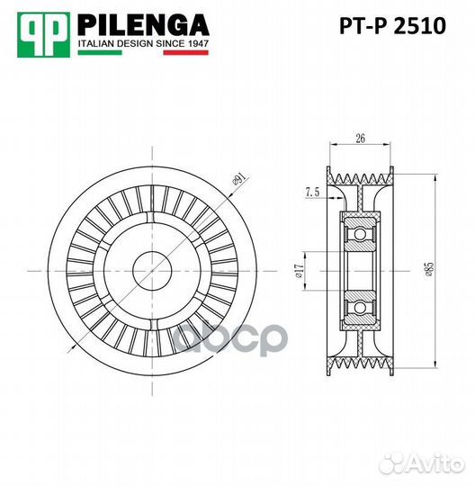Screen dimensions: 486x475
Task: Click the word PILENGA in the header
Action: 143,23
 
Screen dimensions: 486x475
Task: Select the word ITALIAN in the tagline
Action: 98,43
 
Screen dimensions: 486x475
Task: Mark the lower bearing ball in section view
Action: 359,308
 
